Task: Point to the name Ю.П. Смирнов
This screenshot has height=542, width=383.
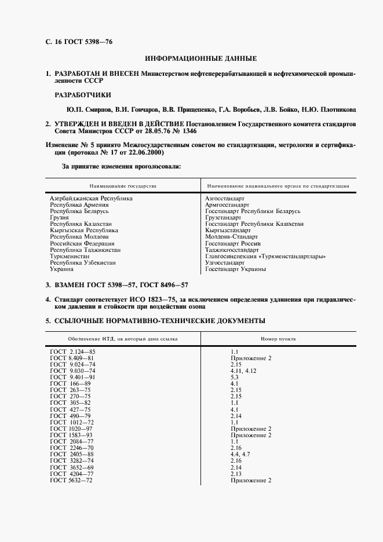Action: pyautogui.click(x=86, y=109)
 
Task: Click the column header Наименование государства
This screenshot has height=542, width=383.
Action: pyautogui.click(x=123, y=186)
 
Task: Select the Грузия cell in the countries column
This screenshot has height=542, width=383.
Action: pyautogui.click(x=59, y=217)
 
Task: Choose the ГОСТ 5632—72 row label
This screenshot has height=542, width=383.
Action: pyautogui.click(x=71, y=481)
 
